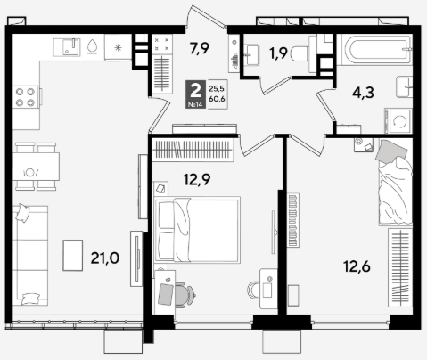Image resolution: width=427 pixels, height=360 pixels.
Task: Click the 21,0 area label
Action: point(105,258)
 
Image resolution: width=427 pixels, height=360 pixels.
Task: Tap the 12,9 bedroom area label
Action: point(197,179)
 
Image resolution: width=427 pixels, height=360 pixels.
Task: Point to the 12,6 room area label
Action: point(357,266)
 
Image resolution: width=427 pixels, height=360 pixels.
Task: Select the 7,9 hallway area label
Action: point(200,48)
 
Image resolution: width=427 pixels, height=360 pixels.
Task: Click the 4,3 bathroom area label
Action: point(363,93)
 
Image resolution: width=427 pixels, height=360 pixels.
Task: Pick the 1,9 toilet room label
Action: point(278,53)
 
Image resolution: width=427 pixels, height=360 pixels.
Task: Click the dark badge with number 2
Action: point(195,94)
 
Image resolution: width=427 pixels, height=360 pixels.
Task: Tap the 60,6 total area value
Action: point(217,99)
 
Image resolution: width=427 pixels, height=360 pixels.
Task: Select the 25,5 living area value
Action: point(217,88)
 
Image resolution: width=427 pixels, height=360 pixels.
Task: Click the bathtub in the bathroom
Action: point(376,50)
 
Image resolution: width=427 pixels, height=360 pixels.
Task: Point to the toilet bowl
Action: point(300,54)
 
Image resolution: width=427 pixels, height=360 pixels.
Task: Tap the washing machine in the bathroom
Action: point(398,121)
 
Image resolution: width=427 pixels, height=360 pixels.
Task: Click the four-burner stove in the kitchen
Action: point(26,97)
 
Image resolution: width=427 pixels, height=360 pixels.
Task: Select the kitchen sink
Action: point(67,47)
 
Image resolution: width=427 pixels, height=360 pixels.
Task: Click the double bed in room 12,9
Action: point(197,230)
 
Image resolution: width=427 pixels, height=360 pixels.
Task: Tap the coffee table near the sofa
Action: point(73,256)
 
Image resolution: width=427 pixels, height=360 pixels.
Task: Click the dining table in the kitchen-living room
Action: point(36,167)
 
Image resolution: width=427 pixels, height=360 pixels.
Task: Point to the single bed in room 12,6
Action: point(396,183)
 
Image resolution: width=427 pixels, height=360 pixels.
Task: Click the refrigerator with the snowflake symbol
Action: point(118,47)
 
